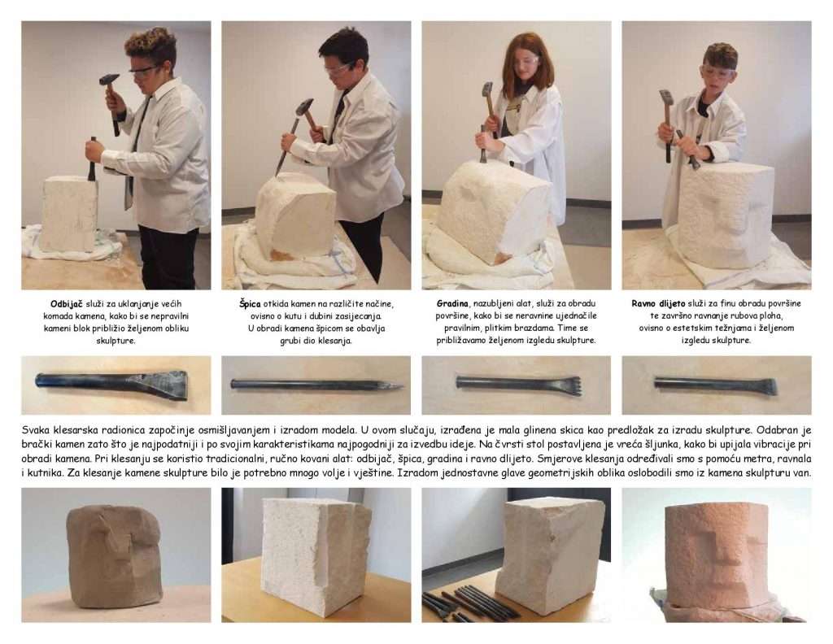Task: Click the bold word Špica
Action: coord(250,303)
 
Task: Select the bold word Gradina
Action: coord(453,303)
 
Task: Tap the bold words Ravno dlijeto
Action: coord(658,303)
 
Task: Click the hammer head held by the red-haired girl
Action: coord(487,89)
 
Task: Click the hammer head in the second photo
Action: coord(305,108)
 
